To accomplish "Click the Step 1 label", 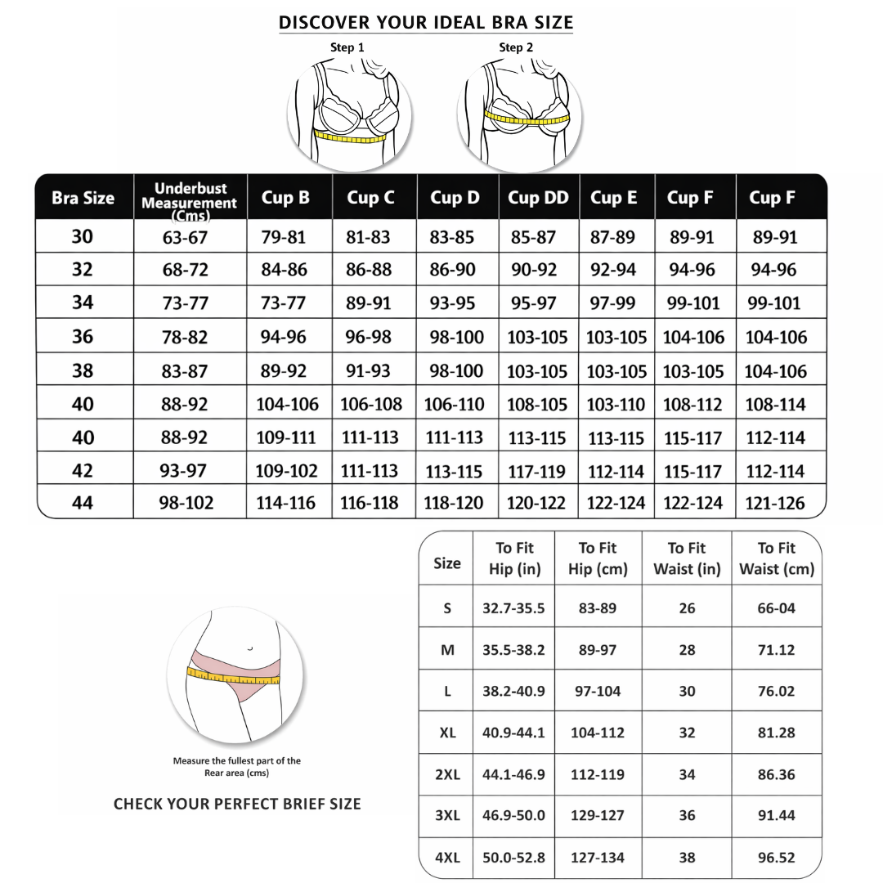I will pos(347,47).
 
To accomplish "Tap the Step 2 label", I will pos(516,47).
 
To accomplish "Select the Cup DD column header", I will pos(538,197).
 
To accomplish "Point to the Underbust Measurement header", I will pos(189,197).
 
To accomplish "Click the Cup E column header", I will pos(613,197).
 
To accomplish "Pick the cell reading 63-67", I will pos(185,238).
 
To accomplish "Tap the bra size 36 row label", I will pos(83,337).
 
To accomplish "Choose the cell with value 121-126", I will pos(775,504).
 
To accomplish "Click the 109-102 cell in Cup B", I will pos(286,471).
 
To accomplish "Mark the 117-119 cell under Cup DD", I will pos(536,471).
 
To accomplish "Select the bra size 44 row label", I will pos(83,503).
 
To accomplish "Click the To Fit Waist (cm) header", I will pos(777,558).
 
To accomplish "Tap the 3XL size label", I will pos(447,815).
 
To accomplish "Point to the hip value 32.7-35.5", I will pos(513,608).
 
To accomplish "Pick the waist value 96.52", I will pos(776,858).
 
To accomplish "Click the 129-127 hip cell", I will pos(598,815).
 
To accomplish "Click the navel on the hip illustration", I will pos(249,648).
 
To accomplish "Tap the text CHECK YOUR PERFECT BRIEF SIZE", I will pos(237,804).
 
